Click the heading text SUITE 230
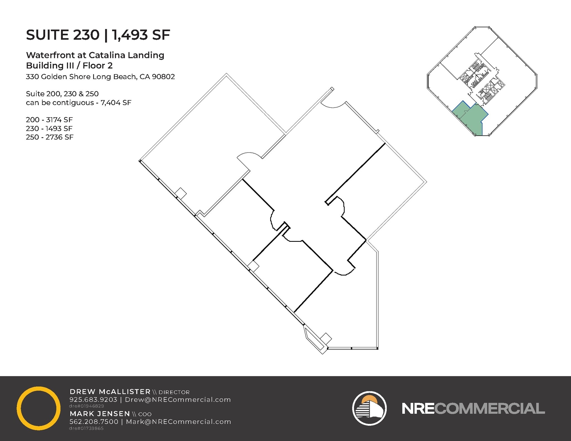[63, 35]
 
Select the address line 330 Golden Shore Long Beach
[100, 77]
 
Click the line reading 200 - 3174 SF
[49, 120]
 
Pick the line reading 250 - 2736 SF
[50, 137]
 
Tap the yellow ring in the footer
[38, 408]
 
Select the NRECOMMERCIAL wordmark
[473, 408]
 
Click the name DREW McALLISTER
[110, 392]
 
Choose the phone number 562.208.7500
[94, 422]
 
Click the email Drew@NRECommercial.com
[178, 399]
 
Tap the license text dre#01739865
[86, 428]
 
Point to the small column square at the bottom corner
[326, 338]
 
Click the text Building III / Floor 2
[69, 66]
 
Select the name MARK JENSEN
[100, 414]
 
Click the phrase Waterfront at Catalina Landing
[95, 55]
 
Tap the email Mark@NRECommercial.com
[178, 422]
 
